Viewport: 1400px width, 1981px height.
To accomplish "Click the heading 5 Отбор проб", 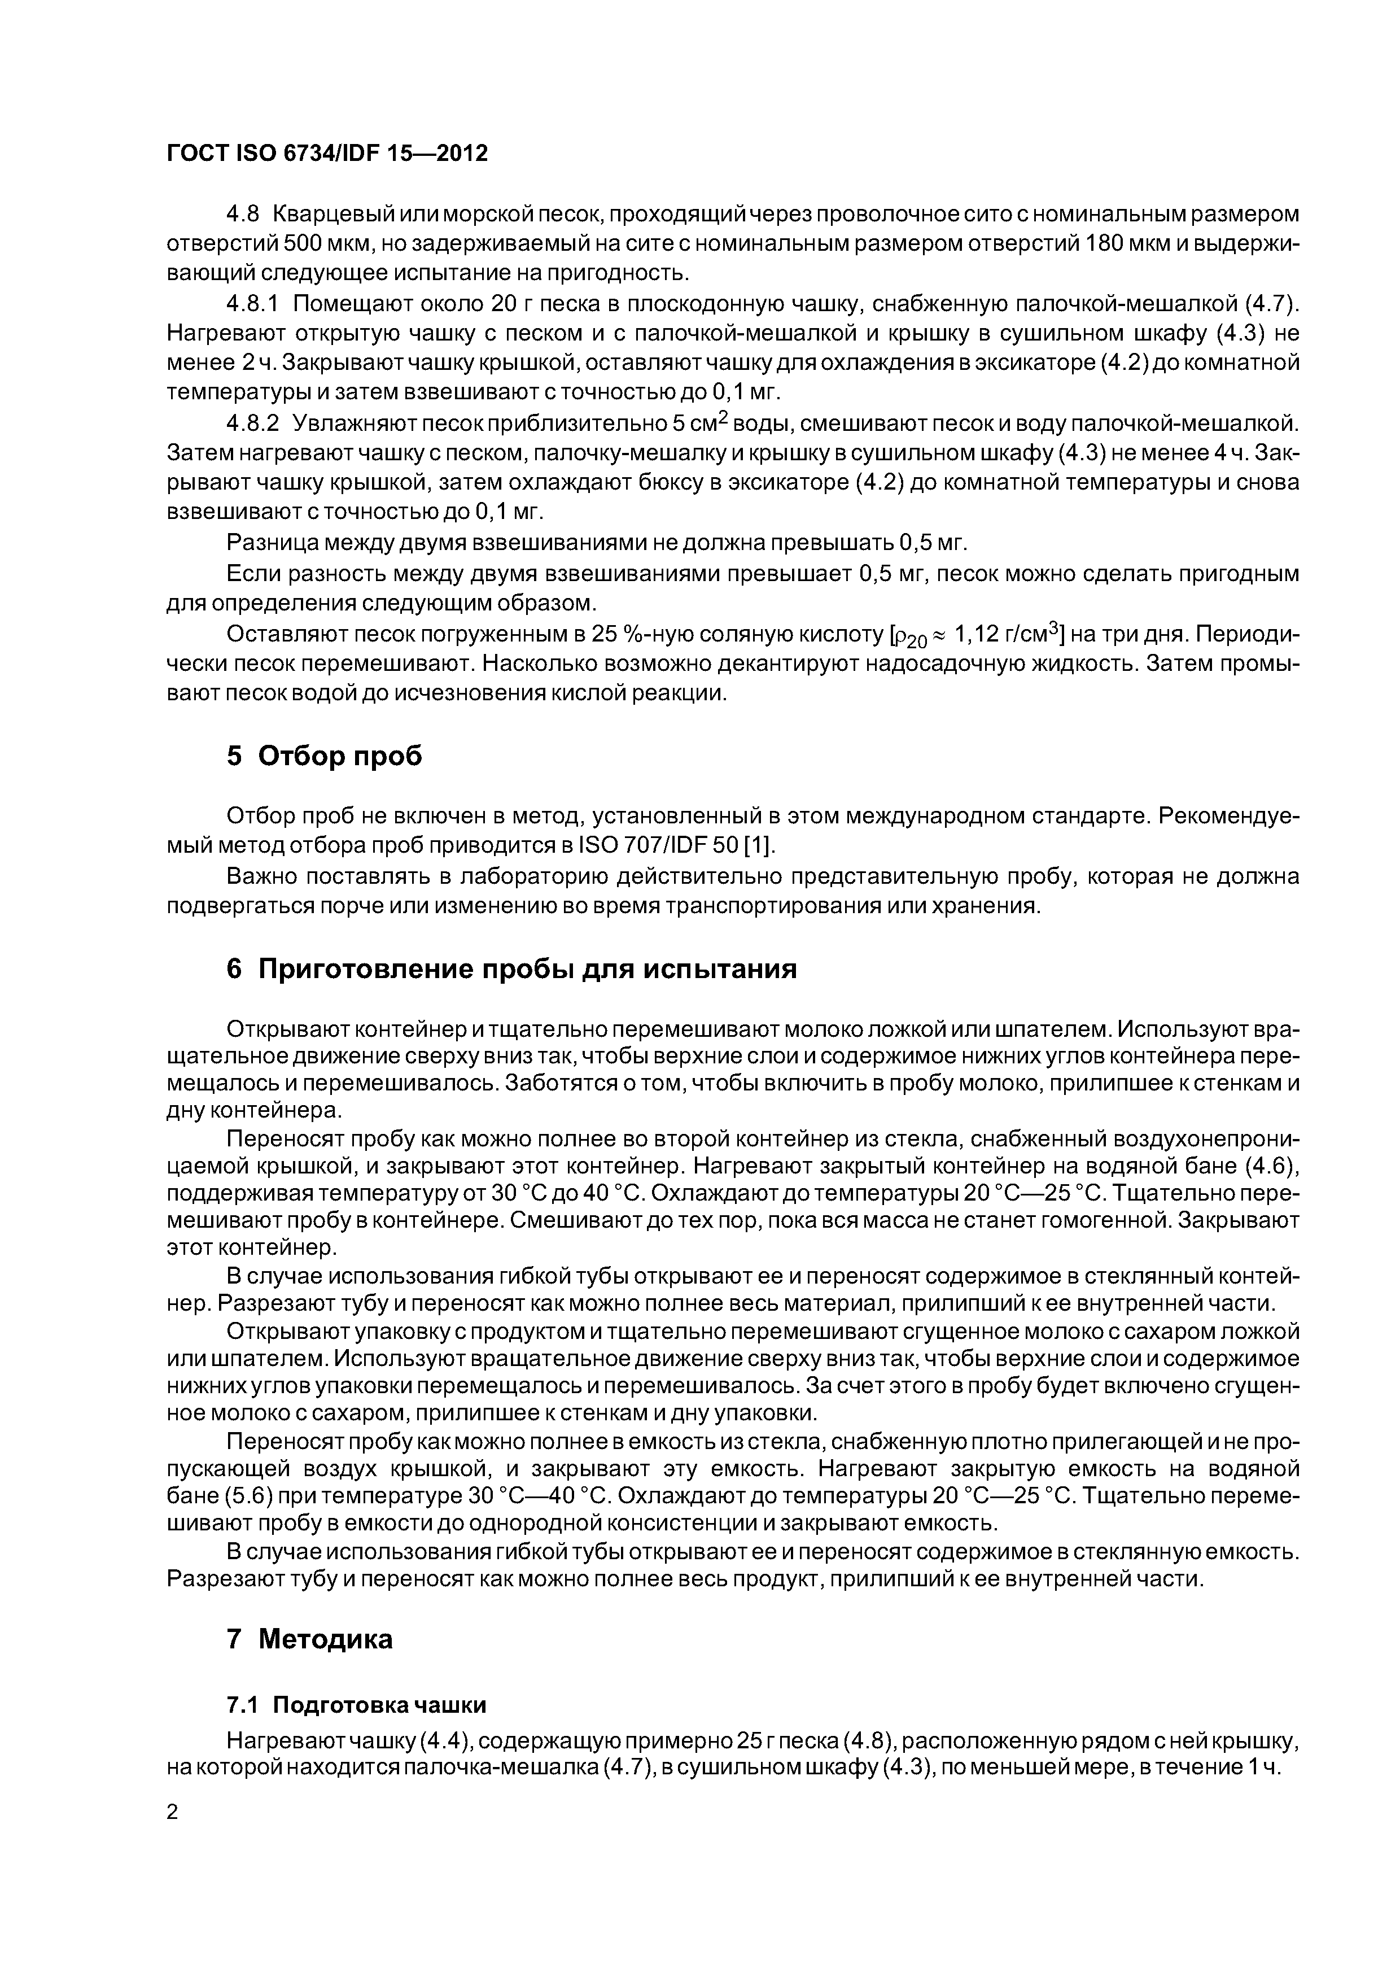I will (x=325, y=756).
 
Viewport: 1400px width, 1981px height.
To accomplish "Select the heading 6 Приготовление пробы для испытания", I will (x=511, y=969).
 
